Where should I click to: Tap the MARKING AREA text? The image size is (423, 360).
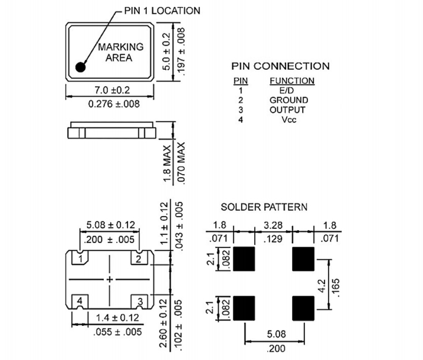pyautogui.click(x=120, y=53)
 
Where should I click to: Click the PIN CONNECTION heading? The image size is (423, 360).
pyautogui.click(x=280, y=66)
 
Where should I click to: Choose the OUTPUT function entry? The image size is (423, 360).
pyautogui.click(x=288, y=110)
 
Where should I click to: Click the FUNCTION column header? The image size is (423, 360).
pyautogui.click(x=292, y=81)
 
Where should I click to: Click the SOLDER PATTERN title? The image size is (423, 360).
pyautogui.click(x=264, y=207)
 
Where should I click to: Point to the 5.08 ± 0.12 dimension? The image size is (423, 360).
pyautogui.click(x=110, y=225)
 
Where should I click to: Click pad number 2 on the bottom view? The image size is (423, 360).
pyautogui.click(x=138, y=258)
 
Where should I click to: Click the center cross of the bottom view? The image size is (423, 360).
pyautogui.click(x=110, y=279)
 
